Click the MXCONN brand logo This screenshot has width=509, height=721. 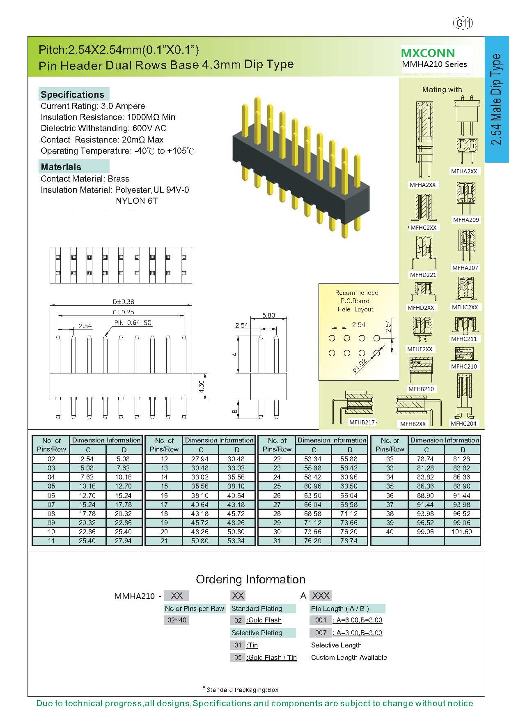point(428,53)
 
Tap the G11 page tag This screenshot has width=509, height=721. point(463,23)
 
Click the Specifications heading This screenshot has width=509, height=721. point(73,94)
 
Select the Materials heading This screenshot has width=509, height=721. point(61,167)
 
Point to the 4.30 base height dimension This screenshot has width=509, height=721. point(202,387)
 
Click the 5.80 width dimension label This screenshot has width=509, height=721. point(268,316)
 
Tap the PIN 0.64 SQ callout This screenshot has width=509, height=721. point(133,323)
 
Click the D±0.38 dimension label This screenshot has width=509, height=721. point(121,302)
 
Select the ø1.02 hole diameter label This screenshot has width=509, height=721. point(360,365)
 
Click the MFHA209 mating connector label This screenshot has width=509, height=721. point(466,220)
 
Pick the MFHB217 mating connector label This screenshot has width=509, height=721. point(362,422)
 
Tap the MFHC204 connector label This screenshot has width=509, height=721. point(463,424)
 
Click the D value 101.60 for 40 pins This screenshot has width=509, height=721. point(463,532)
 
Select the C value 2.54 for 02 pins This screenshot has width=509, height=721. point(87,459)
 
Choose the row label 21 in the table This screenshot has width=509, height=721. point(164,541)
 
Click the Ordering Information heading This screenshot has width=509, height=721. point(251,579)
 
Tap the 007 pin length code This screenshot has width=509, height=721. point(321,633)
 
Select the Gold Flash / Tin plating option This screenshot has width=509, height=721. point(272,657)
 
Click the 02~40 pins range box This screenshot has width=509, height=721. point(177,620)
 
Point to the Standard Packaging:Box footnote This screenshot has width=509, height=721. point(242,690)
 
